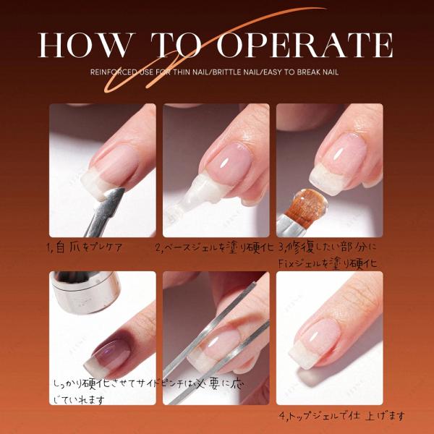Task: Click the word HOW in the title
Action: point(87,45)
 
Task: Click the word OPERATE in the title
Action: point(305,45)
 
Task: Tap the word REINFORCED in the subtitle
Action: point(114,72)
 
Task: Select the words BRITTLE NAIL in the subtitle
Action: point(236,72)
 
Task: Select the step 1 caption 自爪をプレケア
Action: point(84,247)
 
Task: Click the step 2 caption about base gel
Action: point(215,247)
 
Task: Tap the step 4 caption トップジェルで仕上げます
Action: point(342,416)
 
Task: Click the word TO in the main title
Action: point(176,45)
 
